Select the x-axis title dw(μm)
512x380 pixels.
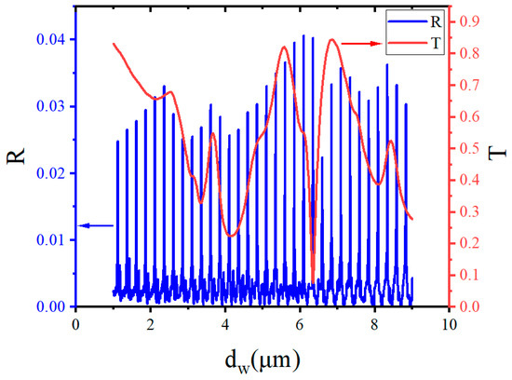pyautogui.click(x=262, y=360)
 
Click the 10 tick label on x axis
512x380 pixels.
pyautogui.click(x=449, y=323)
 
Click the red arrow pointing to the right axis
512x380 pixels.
pyautogui.click(x=360, y=43)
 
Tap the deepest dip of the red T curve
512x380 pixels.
pyautogui.click(x=313, y=277)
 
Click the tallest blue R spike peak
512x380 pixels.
pyautogui.click(x=303, y=36)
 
